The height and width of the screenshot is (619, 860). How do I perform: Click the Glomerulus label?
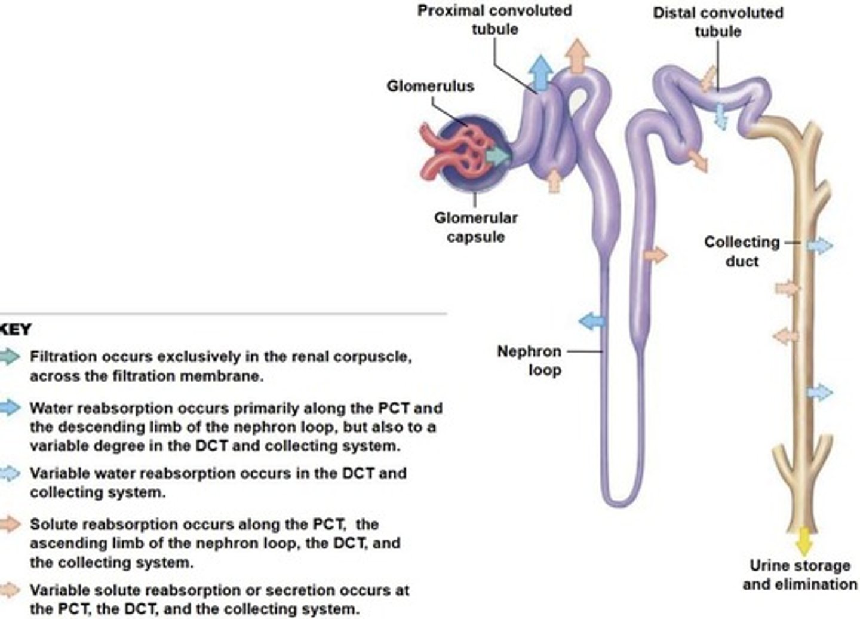tap(430, 86)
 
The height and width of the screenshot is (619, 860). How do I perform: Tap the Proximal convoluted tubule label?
tap(494, 20)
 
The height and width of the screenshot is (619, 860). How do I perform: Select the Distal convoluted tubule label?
tap(717, 22)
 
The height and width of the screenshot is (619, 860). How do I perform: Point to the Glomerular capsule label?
tap(475, 227)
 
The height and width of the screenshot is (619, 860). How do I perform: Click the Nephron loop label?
tap(529, 360)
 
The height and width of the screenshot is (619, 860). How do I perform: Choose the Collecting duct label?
tap(742, 251)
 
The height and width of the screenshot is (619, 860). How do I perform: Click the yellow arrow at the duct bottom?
tap(804, 541)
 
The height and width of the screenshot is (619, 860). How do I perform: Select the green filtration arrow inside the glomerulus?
tap(497, 157)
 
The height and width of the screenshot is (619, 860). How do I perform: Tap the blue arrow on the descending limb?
tap(592, 321)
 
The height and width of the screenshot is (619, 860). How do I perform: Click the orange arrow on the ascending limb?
tap(656, 255)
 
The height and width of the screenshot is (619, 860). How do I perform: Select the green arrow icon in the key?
tap(9, 357)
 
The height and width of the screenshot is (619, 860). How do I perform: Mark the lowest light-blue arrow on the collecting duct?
tap(820, 393)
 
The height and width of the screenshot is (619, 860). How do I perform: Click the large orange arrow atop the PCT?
tap(578, 55)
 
